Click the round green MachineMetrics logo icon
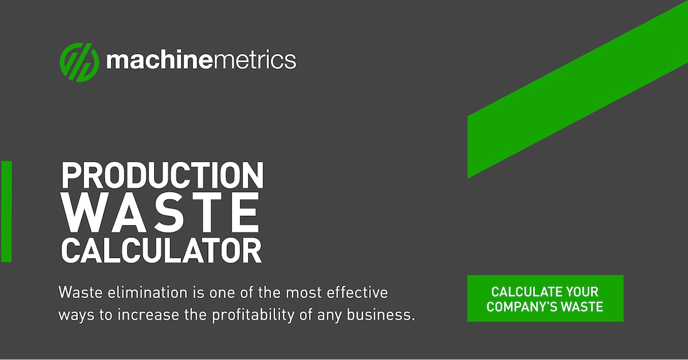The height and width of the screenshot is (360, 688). [79, 61]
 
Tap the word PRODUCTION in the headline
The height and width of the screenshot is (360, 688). [162, 177]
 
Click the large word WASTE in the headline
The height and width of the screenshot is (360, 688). [161, 213]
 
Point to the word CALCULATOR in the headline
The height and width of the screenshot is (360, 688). [161, 251]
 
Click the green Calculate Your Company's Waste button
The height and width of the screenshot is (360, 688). [545, 299]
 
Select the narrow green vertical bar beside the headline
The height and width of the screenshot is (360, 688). [6, 211]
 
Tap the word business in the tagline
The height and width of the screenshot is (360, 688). [385, 315]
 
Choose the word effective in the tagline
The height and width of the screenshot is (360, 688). [359, 293]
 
